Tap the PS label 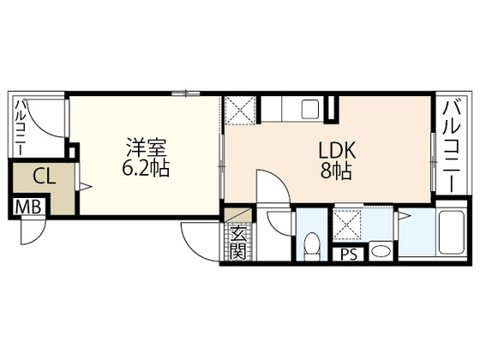(349, 254)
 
